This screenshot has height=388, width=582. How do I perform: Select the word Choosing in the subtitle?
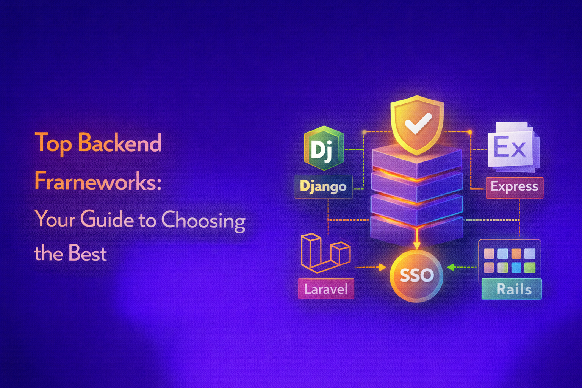203,220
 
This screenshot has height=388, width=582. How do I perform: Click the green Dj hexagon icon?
324,148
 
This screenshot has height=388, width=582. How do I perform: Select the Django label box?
323,186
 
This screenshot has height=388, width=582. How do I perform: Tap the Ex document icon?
512,146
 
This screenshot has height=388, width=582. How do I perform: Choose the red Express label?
514,187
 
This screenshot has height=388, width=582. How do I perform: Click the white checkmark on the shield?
417,123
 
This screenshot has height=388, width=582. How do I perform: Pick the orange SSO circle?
416,275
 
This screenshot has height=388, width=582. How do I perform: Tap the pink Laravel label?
326,289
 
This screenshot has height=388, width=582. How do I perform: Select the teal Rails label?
512,289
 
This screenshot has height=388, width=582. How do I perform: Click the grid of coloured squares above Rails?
510,260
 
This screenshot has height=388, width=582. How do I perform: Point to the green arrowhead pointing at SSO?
451,268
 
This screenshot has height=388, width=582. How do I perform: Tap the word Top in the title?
53,143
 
